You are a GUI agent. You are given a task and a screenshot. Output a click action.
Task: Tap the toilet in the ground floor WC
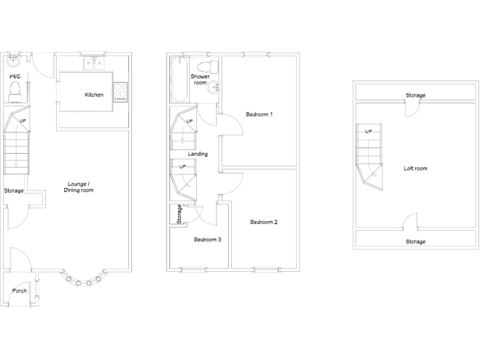pyautogui.click(x=16, y=91)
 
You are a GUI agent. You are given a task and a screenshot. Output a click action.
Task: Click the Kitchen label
pyautogui.click(x=94, y=95)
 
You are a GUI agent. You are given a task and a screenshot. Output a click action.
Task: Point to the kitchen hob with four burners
pyautogui.click(x=120, y=93)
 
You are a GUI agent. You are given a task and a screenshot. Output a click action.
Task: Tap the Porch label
pyautogui.click(x=19, y=291)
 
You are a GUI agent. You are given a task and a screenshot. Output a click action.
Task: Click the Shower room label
pyautogui.click(x=200, y=79)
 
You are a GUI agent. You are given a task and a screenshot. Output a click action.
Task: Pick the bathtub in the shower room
pyautogui.click(x=179, y=80)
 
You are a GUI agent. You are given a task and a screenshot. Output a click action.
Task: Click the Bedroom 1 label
pyautogui.click(x=259, y=114)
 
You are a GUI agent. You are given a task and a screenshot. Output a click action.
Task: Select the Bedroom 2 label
pyautogui.click(x=264, y=222)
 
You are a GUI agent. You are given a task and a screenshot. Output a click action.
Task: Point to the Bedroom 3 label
pyautogui.click(x=207, y=239)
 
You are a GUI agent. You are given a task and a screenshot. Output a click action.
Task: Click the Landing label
pyautogui.click(x=197, y=154)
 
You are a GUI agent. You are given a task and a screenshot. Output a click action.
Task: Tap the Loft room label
pyautogui.click(x=416, y=168)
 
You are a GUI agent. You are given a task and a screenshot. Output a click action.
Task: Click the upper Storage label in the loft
pyautogui.click(x=416, y=96)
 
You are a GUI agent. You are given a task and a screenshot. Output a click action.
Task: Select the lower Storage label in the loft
pyautogui.click(x=416, y=241)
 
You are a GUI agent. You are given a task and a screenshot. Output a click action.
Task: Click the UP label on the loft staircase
pyautogui.click(x=368, y=132)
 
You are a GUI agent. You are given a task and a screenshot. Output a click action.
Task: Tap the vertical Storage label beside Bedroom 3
pyautogui.click(x=179, y=214)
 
